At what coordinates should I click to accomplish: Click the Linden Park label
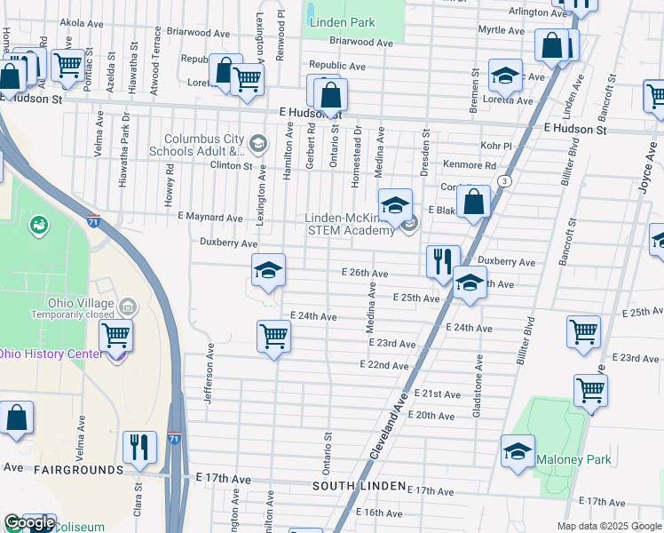[342, 22]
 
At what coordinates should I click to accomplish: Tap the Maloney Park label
[573, 460]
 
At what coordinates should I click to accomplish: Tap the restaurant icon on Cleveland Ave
[441, 260]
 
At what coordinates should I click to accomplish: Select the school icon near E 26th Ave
[267, 271]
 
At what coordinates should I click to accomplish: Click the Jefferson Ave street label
[209, 373]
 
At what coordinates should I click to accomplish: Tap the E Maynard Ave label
[209, 217]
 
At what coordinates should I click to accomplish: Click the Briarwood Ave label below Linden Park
[360, 42]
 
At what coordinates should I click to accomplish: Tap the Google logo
[29, 523]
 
